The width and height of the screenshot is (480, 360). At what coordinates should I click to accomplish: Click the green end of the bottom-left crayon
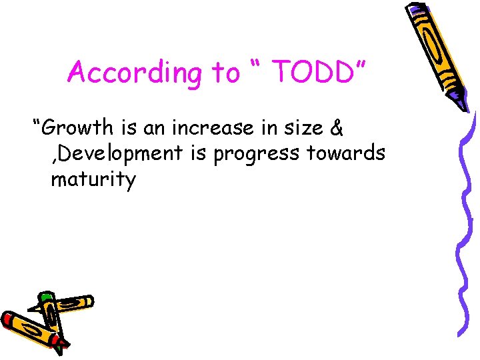point(45,297)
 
